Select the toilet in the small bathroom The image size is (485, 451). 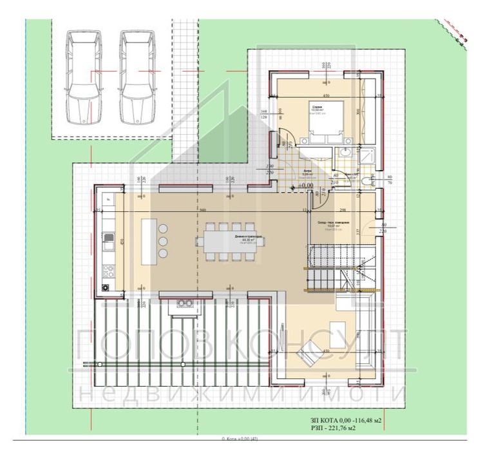click(368, 180)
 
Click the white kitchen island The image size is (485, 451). click(147, 239)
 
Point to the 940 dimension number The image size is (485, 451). click(202, 210)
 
